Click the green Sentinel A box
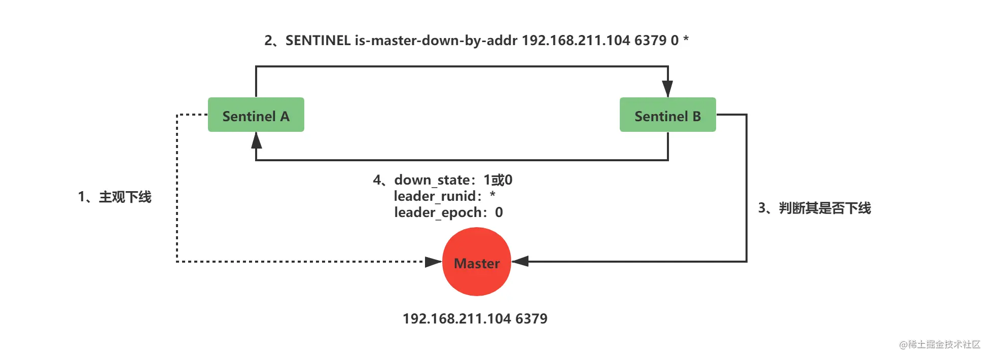256,115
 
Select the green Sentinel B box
668,115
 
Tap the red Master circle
477,262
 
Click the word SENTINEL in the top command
318,41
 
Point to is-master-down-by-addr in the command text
436,41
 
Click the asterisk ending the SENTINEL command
686,39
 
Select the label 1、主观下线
115,197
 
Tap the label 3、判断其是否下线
815,208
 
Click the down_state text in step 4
432,180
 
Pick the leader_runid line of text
445,196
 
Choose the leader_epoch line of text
449,212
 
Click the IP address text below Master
475,318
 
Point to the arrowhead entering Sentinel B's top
668,89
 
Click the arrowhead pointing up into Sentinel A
257,140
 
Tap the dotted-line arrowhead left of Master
433,262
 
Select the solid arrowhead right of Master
520,262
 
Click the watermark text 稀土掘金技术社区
944,344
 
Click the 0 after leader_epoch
499,212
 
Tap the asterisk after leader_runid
492,194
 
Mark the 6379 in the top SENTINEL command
650,41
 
